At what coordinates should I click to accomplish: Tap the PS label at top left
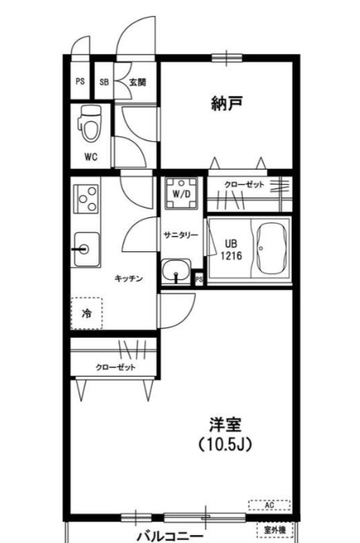point(79,82)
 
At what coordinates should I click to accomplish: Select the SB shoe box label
point(104,82)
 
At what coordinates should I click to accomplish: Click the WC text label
point(91,156)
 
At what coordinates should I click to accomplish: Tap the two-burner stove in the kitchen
point(86,198)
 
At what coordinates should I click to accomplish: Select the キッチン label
point(128,278)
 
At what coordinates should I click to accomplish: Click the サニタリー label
point(180,235)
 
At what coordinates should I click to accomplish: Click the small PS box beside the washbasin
point(198,278)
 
